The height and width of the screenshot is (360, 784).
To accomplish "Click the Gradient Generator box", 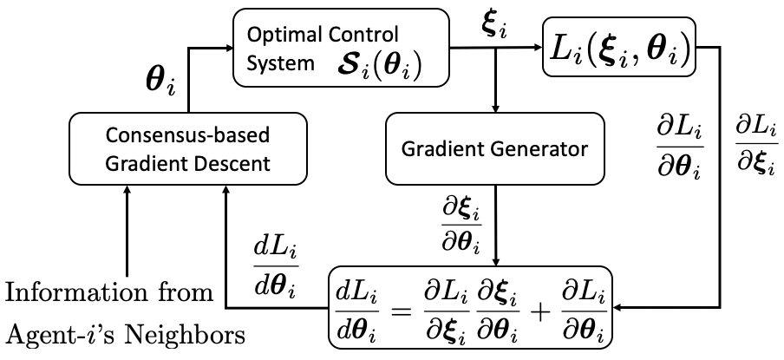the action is point(494,148).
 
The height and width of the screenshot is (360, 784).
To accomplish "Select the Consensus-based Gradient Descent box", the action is point(187,148).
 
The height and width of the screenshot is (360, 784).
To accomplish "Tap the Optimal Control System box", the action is point(341,47).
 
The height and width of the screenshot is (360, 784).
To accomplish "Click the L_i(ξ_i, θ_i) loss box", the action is point(619,47).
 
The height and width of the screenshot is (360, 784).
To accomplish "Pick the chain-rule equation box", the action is point(470,307).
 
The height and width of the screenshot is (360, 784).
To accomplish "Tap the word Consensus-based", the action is point(188,135).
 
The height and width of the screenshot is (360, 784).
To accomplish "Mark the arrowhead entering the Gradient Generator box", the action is point(495,108).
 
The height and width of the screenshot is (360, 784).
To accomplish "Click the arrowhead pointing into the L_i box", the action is point(538,48).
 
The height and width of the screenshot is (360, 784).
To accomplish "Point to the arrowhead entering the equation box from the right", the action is point(617,307).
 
